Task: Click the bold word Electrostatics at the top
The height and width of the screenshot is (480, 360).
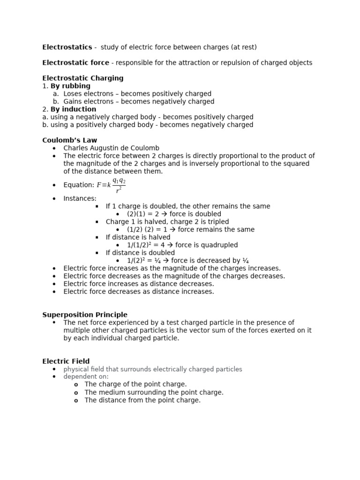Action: [x=67, y=47]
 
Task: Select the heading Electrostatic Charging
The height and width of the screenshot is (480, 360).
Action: [x=83, y=78]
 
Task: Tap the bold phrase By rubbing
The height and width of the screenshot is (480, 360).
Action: [x=70, y=86]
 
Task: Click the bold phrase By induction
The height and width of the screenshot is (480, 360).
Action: [x=73, y=109]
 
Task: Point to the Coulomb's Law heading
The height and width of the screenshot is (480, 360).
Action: [x=70, y=140]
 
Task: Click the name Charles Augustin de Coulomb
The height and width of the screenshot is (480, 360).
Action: [x=111, y=148]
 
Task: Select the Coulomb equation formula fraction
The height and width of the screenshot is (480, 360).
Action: [x=119, y=185]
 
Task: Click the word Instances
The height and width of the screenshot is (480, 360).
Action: [x=80, y=199]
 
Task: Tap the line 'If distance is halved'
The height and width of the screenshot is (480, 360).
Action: [x=138, y=237]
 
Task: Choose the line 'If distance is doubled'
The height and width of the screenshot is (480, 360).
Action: [x=140, y=253]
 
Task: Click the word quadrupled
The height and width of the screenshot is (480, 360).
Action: [x=220, y=245]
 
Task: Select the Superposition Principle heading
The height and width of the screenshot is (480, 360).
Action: [x=85, y=315]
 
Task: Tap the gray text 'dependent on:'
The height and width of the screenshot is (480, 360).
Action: [x=86, y=376]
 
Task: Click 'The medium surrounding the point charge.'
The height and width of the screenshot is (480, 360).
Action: [x=154, y=392]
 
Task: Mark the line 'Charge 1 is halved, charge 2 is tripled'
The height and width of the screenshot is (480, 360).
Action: [x=167, y=222]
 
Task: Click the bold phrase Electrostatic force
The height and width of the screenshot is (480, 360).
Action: [x=75, y=63]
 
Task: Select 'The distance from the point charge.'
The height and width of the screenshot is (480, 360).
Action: [x=142, y=400]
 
